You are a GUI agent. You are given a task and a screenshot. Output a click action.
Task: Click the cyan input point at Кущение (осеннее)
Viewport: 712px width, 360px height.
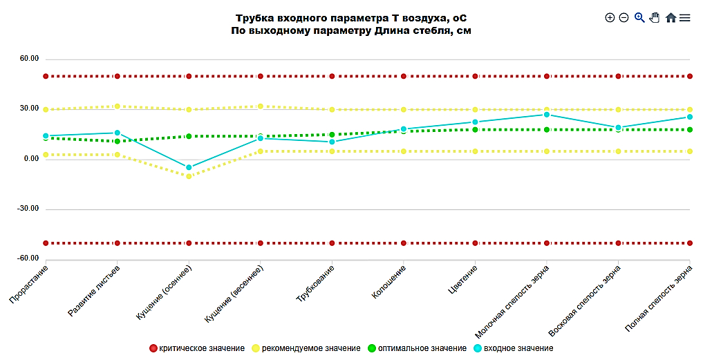tap(189, 167)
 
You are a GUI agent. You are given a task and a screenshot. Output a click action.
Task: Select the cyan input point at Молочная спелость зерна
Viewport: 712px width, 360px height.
tap(546, 115)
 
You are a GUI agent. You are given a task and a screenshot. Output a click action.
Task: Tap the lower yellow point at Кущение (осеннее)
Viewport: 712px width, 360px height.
tap(189, 176)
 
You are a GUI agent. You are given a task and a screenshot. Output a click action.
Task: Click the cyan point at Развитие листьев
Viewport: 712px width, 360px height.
tap(118, 133)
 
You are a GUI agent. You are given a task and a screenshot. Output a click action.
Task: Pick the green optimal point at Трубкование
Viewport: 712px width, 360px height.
tap(332, 135)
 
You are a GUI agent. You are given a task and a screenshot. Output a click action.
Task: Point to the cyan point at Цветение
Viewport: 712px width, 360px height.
tap(475, 122)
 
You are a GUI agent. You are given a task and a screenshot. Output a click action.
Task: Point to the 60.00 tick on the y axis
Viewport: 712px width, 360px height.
tap(29, 59)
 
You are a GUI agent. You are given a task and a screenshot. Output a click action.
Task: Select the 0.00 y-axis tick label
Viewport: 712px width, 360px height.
tap(30, 159)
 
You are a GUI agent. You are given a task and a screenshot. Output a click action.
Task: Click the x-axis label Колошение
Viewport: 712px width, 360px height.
tap(388, 283)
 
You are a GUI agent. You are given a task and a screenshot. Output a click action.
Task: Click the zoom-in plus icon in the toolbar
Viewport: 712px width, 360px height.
tap(610, 18)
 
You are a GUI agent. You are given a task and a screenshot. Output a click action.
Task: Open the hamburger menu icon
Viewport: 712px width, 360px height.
tap(685, 18)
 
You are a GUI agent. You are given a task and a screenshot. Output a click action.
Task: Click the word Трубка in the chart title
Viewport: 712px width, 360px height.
tap(254, 18)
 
